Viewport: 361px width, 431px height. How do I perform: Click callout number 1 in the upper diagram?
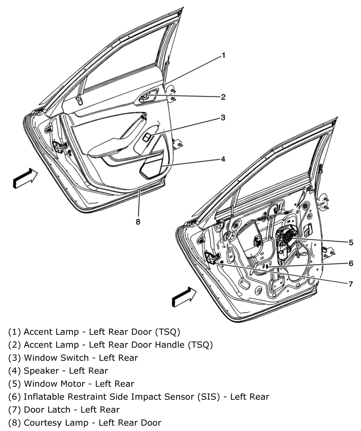pos(224,55)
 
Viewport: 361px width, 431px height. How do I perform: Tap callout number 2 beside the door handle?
pos(223,97)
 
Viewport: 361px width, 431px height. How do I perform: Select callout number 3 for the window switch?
pos(223,118)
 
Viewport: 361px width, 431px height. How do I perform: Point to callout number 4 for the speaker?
pos(223,159)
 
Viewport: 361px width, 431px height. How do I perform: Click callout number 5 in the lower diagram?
pos(350,242)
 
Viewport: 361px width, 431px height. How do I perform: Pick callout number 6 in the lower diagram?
pos(350,263)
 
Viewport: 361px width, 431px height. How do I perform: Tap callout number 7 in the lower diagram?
pos(350,284)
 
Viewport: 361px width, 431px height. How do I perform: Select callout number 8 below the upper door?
pos(138,221)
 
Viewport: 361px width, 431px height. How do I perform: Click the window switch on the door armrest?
pos(146,137)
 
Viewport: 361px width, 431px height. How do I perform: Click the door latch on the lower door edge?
pos(213,258)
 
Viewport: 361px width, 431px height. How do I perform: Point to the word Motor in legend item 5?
pos(74,384)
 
